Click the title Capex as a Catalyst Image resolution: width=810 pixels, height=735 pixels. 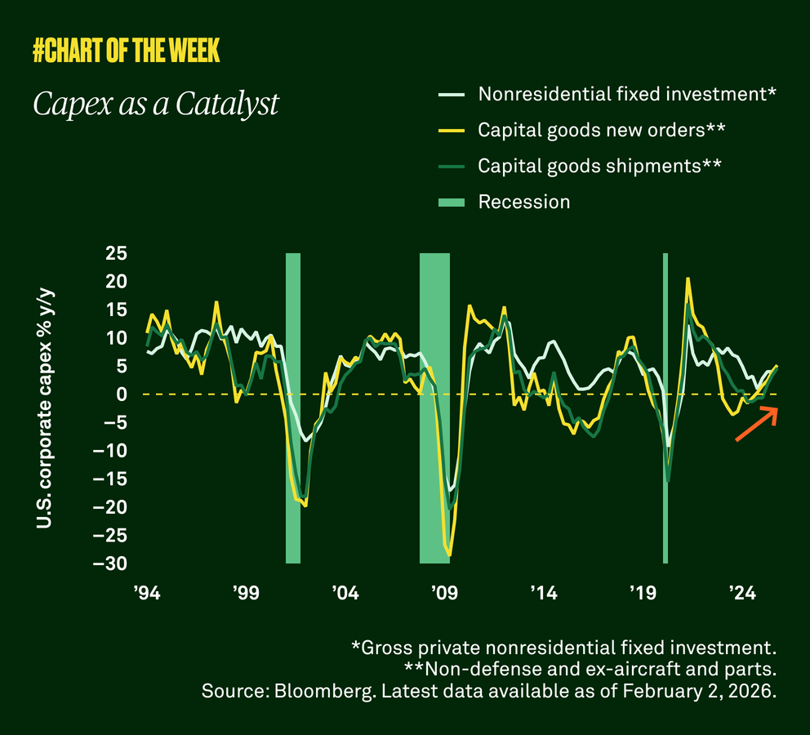click(156, 105)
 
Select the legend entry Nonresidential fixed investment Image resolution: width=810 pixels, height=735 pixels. click(626, 94)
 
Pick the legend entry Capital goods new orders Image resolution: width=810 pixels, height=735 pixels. click(602, 130)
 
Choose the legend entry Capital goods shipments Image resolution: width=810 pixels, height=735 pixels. click(599, 166)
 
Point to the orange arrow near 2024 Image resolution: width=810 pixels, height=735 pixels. click(757, 424)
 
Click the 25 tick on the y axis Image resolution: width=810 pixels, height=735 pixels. click(116, 253)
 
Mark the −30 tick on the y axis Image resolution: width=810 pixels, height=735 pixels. click(109, 563)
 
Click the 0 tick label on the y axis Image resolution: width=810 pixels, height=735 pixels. click(122, 394)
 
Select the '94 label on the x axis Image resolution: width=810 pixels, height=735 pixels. click(146, 592)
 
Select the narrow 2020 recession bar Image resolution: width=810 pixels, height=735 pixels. click(665, 408)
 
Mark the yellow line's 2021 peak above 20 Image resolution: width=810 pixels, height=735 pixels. click(688, 278)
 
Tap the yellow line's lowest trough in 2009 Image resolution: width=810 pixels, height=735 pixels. click(449, 555)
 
